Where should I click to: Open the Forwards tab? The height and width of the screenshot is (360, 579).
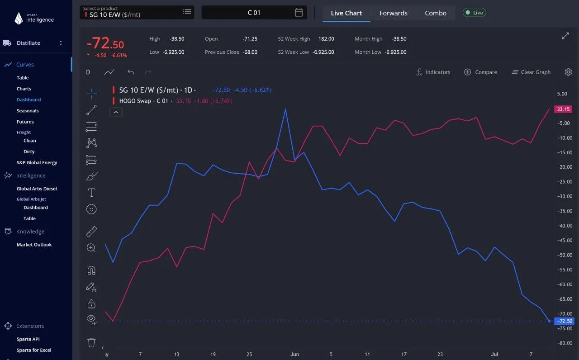click(x=393, y=13)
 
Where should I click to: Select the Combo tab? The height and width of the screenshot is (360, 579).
click(x=436, y=13)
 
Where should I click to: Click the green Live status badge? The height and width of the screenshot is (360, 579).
click(x=475, y=12)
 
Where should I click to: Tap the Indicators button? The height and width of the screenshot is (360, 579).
click(x=433, y=72)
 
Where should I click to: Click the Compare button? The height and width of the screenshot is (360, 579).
click(x=480, y=72)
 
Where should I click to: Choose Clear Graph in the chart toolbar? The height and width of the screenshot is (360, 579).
click(x=531, y=72)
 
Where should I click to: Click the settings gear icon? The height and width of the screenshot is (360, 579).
click(x=568, y=72)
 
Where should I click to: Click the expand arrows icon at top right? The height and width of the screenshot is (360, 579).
click(x=565, y=36)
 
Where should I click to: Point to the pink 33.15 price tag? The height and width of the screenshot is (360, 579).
click(x=563, y=109)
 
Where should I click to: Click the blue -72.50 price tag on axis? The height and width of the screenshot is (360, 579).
click(x=564, y=321)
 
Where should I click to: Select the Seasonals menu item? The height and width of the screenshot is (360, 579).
click(x=28, y=111)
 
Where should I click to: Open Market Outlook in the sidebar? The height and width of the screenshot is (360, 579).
click(x=34, y=245)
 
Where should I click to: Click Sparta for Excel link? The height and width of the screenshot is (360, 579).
click(x=34, y=350)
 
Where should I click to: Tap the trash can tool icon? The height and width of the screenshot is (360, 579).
click(x=91, y=342)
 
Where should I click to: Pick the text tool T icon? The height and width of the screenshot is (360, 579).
click(x=91, y=193)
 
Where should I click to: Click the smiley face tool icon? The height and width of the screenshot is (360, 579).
click(x=91, y=209)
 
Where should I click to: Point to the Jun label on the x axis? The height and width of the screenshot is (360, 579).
click(x=294, y=354)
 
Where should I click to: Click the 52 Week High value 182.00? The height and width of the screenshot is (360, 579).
click(x=326, y=39)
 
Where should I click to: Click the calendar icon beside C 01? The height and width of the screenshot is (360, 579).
click(x=299, y=12)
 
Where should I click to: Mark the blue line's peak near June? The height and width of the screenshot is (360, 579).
click(x=285, y=109)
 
